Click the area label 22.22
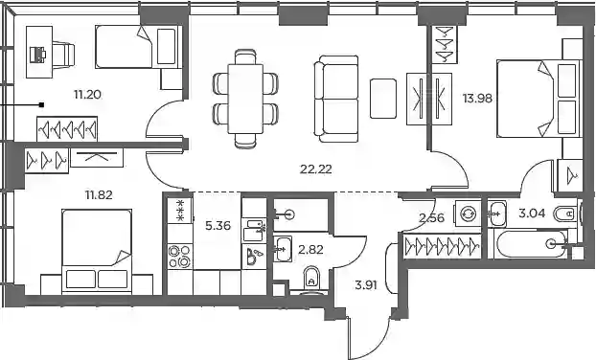point(316,169)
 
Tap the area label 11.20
point(88,94)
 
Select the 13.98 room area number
point(477,99)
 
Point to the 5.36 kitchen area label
point(218,226)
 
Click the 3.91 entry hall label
point(366,285)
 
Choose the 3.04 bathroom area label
point(532,214)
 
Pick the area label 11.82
point(99,195)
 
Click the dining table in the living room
point(245,99)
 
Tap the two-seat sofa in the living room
point(336,99)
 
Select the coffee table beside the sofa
point(383,99)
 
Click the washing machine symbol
point(468,214)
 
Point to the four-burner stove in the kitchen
point(180,257)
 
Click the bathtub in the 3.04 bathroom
point(531,244)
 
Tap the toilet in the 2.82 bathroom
point(312,279)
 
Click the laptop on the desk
point(37,55)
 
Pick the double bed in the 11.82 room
point(97,251)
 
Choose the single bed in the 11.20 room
point(136,47)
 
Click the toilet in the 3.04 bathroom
point(565,214)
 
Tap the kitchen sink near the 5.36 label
point(254,230)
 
